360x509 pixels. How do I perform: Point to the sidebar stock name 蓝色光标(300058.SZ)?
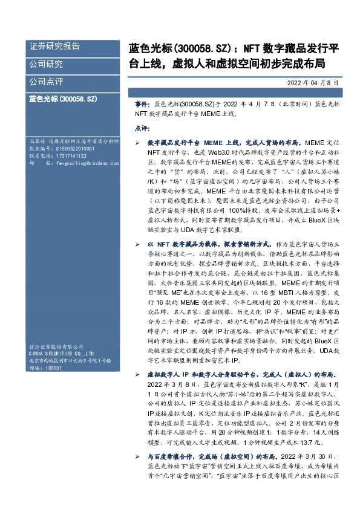[62, 97]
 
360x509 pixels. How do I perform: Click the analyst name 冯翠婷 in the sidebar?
[38, 140]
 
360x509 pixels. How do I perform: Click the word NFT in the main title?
[252, 47]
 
